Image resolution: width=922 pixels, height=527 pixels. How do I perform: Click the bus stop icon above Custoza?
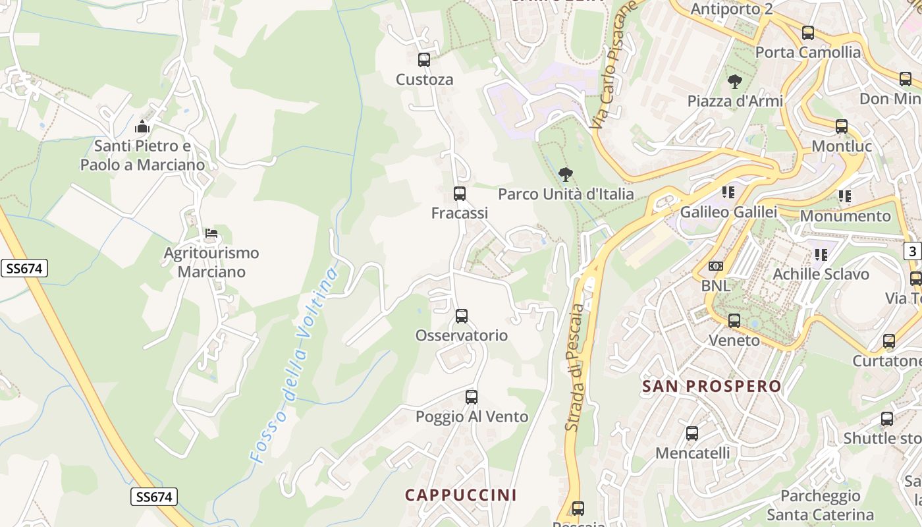pyautogui.click(x=424, y=60)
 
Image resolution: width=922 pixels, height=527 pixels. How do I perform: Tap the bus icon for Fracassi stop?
pyautogui.click(x=460, y=194)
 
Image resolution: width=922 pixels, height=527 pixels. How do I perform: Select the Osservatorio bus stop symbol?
pyautogui.click(x=462, y=316)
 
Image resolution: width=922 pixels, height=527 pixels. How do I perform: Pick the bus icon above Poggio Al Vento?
pyautogui.click(x=472, y=397)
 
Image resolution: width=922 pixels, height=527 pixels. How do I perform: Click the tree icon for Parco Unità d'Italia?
pyautogui.click(x=565, y=175)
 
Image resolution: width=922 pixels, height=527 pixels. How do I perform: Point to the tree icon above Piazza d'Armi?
pyautogui.click(x=735, y=82)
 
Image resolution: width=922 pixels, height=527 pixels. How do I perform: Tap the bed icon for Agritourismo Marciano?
pyautogui.click(x=211, y=233)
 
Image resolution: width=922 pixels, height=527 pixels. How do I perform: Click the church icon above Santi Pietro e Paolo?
pyautogui.click(x=142, y=126)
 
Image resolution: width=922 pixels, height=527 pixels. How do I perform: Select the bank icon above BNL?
pyautogui.click(x=716, y=266)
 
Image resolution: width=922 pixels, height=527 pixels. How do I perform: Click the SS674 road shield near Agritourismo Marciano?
pyautogui.click(x=24, y=268)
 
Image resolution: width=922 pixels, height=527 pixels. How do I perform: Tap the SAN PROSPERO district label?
pyautogui.click(x=712, y=387)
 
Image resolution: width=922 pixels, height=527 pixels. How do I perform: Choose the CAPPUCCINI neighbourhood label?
pyautogui.click(x=461, y=495)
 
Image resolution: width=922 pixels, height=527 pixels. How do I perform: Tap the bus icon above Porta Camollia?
pyautogui.click(x=808, y=33)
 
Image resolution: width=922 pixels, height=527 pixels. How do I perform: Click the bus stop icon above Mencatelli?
pyautogui.click(x=692, y=433)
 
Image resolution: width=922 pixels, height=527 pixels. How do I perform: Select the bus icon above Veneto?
pyautogui.click(x=734, y=321)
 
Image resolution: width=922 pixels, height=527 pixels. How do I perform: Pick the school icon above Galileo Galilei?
pyautogui.click(x=728, y=192)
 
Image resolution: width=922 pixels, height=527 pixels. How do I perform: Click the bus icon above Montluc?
pyautogui.click(x=842, y=126)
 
